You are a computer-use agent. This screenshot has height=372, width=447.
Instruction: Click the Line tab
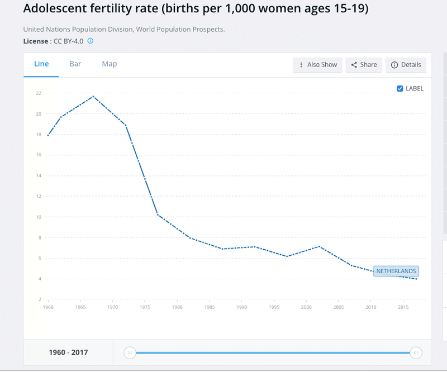pos(41,64)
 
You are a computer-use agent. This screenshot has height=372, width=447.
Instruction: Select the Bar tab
pos(75,64)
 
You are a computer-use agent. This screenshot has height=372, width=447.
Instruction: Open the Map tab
pos(110,64)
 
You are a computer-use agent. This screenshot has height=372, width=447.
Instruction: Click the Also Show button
pos(317,65)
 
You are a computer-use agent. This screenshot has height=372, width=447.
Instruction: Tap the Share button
pos(364,65)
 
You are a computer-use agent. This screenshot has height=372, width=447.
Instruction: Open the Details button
pos(406,65)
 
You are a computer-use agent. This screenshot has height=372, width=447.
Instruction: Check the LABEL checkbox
pos(400,88)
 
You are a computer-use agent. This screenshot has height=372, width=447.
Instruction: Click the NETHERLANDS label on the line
pos(396,271)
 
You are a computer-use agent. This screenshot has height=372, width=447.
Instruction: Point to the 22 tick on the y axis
pos(39,93)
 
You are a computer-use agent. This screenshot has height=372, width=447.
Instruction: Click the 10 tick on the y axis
pos(39,217)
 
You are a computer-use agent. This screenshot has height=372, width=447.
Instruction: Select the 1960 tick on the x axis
pos(48,307)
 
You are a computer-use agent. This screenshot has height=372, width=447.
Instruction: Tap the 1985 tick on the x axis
pos(210,307)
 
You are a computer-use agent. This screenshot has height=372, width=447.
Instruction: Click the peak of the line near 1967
pos(93,96)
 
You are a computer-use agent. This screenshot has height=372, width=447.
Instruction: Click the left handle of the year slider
pos(130,352)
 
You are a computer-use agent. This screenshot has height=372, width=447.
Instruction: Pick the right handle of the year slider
pos(416,352)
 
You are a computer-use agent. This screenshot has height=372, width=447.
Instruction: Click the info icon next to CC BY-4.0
pos(90,41)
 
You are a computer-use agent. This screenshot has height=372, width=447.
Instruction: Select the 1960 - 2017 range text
pos(68,352)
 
